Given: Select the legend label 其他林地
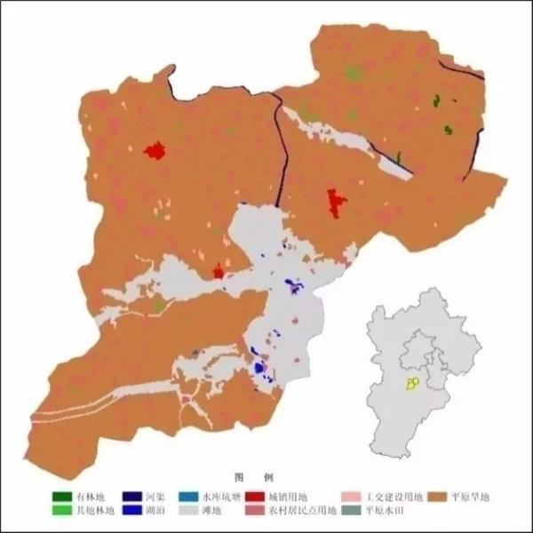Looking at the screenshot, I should point(93,511).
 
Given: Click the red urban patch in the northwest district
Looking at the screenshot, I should point(156,150).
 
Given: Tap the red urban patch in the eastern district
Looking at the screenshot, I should point(335,203).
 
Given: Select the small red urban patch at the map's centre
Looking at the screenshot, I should point(218,272).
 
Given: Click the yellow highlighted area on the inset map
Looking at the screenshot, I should point(412,383).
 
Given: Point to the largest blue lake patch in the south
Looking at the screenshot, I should point(259,367).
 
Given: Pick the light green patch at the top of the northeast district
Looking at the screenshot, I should point(353,75).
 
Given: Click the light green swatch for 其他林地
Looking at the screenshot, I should point(62,511).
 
